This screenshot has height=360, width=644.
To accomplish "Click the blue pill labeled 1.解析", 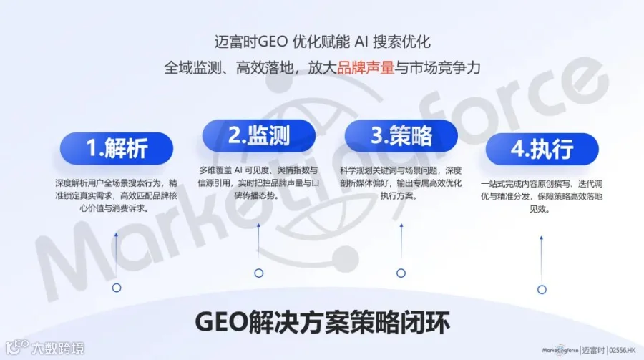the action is coord(117,148).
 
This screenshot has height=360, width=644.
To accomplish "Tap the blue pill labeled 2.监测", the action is coord(259,135).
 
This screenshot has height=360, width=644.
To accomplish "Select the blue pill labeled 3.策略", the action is coord(401,135).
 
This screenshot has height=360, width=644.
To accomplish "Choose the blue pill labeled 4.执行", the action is coord(542,149).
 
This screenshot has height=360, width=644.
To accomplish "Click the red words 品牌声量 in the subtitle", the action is coord(366,68).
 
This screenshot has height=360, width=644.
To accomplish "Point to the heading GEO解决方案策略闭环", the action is coord(323,323).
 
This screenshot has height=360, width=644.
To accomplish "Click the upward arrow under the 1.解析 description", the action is coord(116,255).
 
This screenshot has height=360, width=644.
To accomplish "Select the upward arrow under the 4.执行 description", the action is coord(542,258).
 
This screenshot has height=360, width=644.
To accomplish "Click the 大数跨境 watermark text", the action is coord(58,349).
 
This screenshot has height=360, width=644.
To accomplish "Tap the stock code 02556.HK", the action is coord(623,351).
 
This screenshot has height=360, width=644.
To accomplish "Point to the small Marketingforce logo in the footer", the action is coord(560,351).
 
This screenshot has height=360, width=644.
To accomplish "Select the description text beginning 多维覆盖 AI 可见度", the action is coord(259,183).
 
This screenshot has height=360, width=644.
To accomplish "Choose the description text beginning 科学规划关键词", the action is coord(401,183).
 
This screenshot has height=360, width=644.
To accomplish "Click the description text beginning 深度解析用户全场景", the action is coord(116,195).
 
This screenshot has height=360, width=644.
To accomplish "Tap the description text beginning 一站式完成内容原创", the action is coord(542,196).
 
